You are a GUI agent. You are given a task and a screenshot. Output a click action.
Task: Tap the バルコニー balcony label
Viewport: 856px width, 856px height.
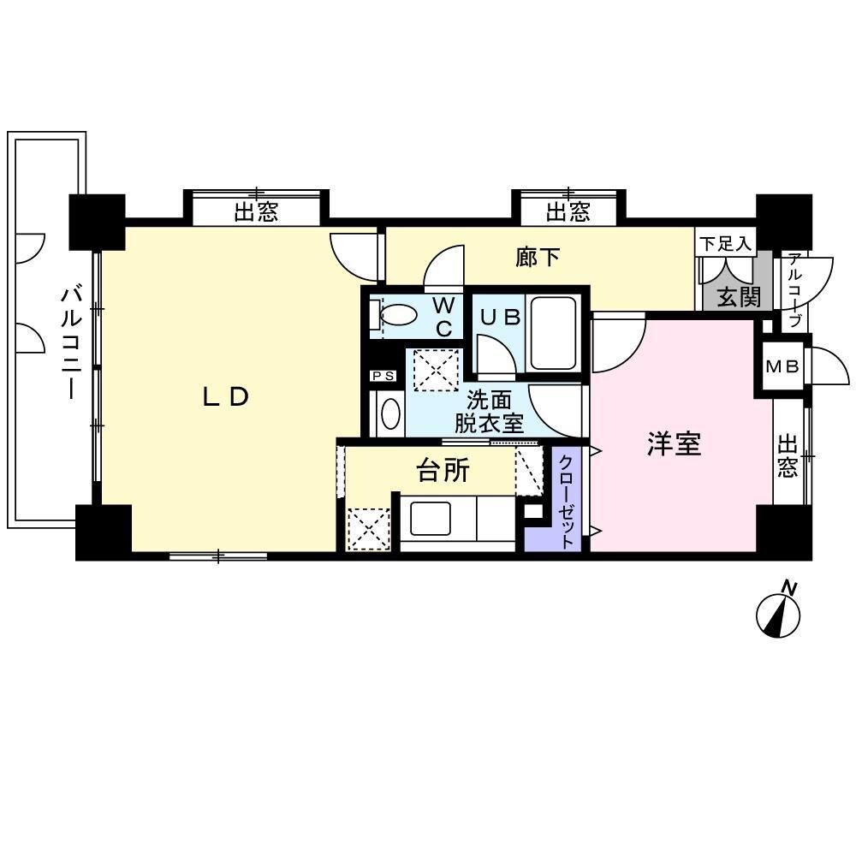[x=70, y=343]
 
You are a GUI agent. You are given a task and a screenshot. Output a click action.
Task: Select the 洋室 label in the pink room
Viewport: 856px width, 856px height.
[x=674, y=444]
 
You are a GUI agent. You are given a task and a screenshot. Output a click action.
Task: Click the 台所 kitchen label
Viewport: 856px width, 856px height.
[x=443, y=469]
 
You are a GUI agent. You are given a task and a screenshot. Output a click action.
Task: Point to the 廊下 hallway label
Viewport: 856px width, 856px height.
[x=538, y=257]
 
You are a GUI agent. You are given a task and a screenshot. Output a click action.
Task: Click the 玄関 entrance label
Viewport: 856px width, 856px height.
[x=738, y=298]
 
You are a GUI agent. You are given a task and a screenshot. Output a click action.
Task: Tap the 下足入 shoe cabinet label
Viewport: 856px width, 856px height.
[x=724, y=243]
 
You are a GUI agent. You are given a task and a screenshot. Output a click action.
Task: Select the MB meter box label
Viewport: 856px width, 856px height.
[x=781, y=367]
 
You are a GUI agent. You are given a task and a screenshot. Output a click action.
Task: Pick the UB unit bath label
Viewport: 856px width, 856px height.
[x=499, y=317]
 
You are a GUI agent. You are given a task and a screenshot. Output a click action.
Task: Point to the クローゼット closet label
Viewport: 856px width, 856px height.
[x=566, y=500]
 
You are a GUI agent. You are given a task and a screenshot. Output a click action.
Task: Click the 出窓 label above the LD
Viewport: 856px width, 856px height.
[x=256, y=211]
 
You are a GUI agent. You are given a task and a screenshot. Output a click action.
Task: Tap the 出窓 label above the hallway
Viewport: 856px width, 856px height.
[x=568, y=211]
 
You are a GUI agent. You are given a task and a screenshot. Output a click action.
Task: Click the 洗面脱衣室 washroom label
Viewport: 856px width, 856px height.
[x=489, y=410]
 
